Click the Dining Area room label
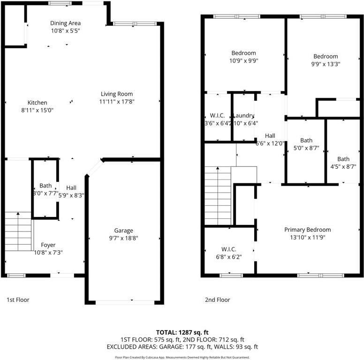[x=65, y=23]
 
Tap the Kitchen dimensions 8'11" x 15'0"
[x=37, y=111]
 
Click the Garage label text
[x=124, y=230]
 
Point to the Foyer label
[x=48, y=245]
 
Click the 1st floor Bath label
[x=45, y=186]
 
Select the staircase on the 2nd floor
[x=218, y=196]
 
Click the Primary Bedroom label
[x=307, y=230]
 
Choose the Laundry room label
[x=243, y=116]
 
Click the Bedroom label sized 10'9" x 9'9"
[x=244, y=53]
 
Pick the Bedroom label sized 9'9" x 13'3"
[x=326, y=57]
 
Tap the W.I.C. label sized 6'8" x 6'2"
[x=228, y=249]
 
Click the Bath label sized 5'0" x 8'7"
[x=306, y=140]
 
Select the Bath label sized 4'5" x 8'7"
[x=343, y=159]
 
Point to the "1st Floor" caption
[x=18, y=299]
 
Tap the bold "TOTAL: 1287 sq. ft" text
[x=182, y=332]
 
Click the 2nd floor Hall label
[x=269, y=136]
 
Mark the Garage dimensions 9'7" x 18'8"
[x=124, y=238]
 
